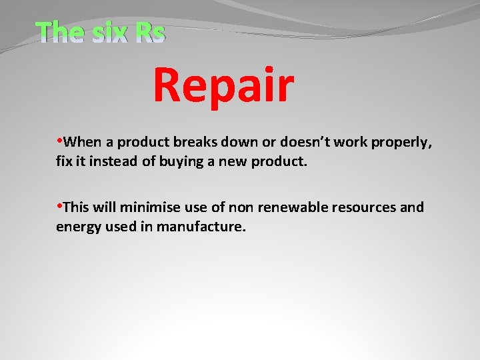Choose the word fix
(65, 161)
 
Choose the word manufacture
(202, 227)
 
